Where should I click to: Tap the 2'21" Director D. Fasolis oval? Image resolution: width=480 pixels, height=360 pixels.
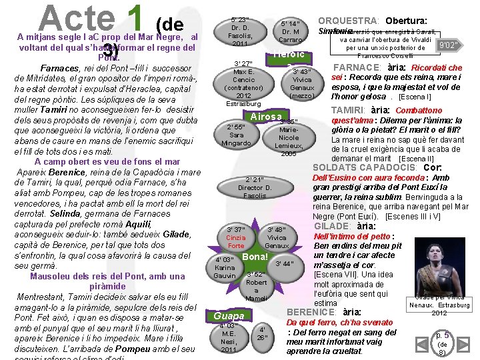[254, 187]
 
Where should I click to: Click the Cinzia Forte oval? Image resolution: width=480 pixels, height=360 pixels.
[236, 237]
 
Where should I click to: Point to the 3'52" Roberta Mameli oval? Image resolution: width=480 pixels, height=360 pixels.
[256, 286]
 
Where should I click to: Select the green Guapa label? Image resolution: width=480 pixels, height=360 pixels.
[228, 315]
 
